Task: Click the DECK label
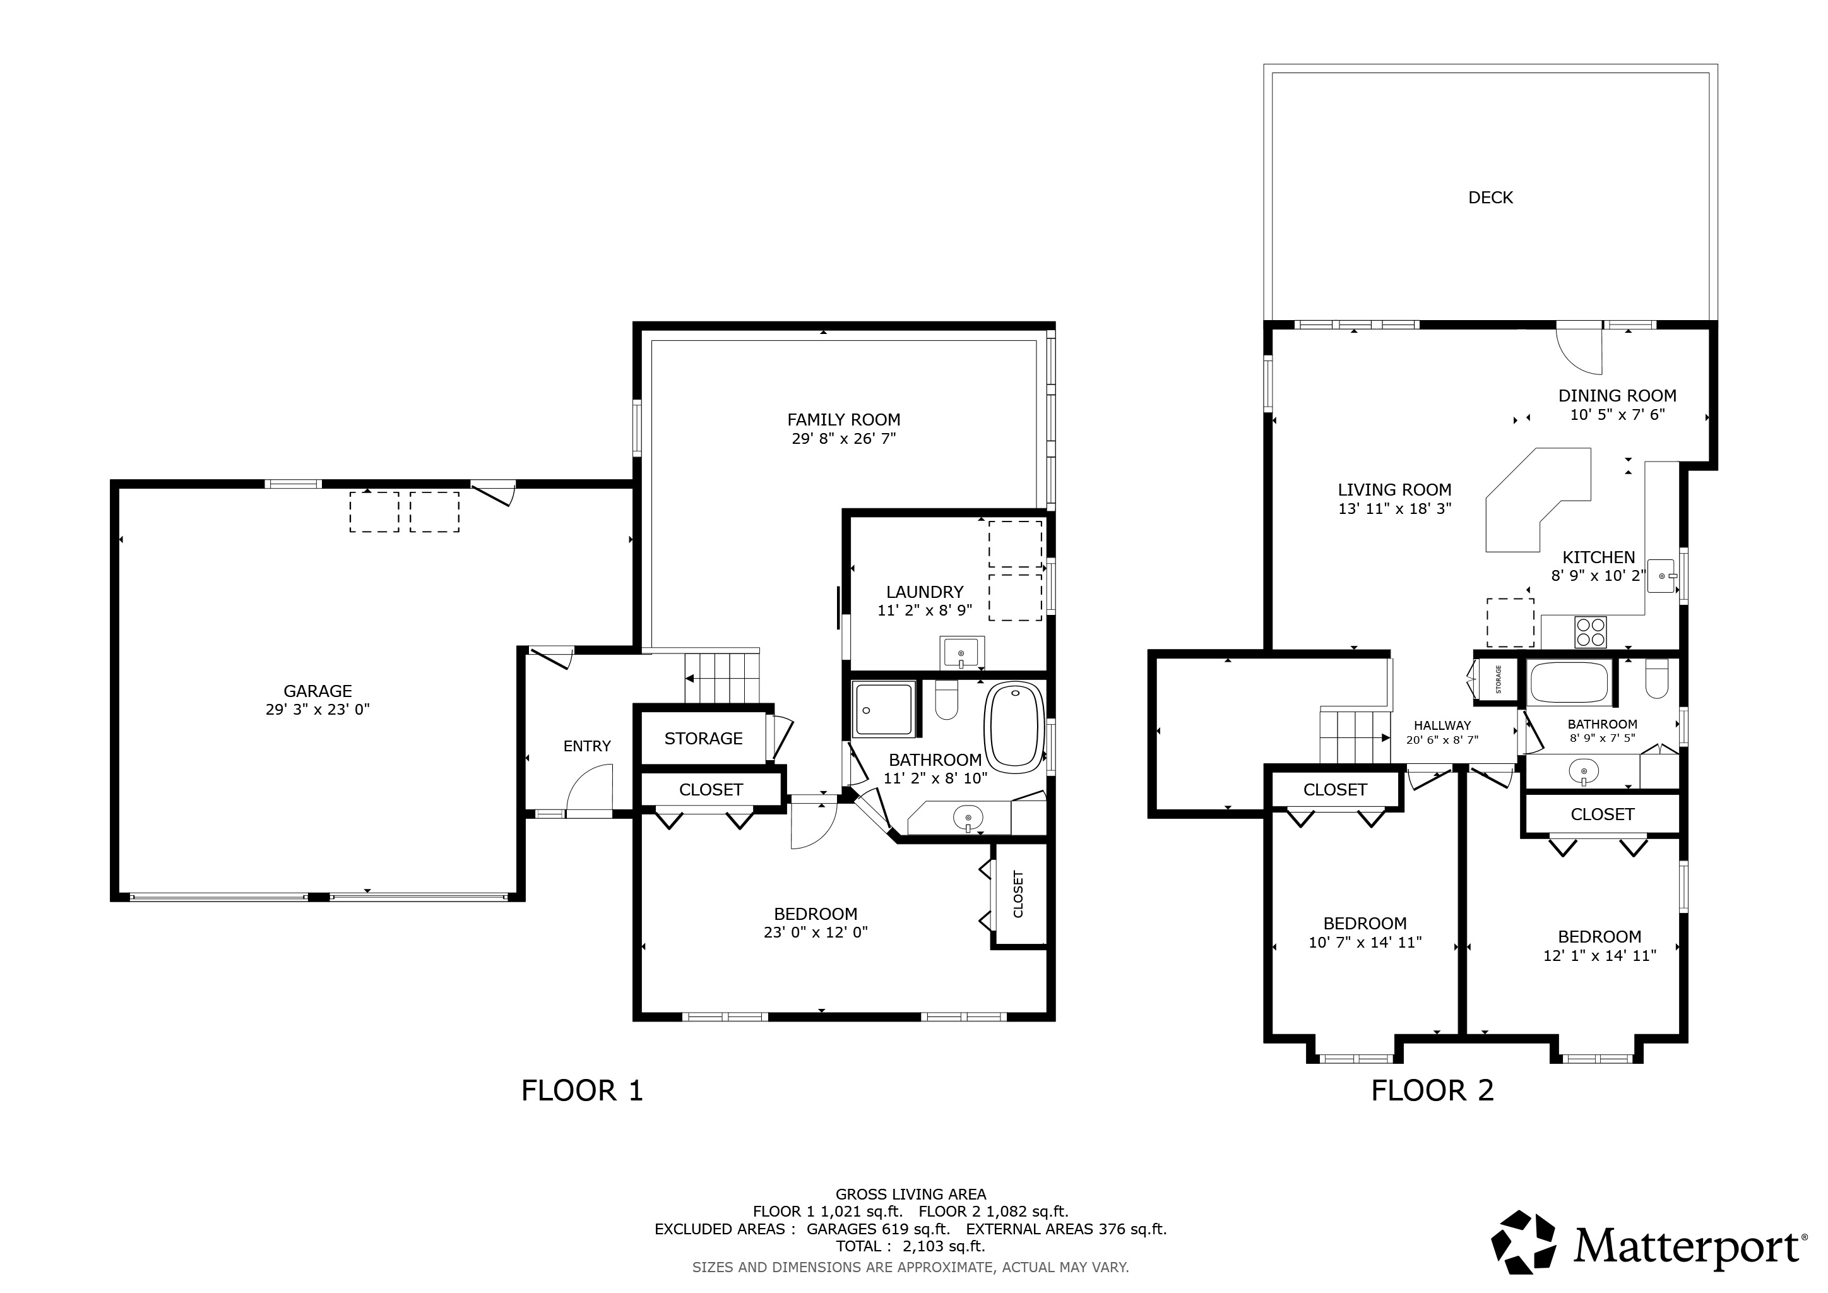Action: coord(1490,198)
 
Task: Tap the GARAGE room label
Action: coord(318,691)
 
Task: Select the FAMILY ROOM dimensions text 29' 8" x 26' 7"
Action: coord(844,439)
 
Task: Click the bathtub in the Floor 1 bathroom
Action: coord(1015,727)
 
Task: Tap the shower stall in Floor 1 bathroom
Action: coord(884,708)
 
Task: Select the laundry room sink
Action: coord(962,652)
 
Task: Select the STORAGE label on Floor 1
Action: coord(704,738)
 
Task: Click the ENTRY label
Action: coord(587,746)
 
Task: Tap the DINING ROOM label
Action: coord(1617,396)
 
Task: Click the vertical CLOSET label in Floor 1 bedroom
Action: coord(1018,893)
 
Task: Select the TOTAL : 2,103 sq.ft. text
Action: coord(910,1246)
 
